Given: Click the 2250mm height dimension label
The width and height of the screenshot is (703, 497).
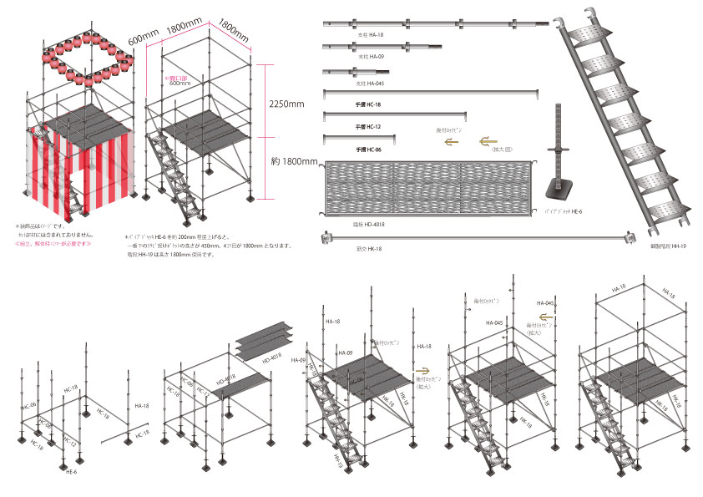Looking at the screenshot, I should coord(286,104).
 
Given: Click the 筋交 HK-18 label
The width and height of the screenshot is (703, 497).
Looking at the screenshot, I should coord(369,250).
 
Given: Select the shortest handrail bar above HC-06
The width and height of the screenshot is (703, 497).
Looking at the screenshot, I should coord(359,137).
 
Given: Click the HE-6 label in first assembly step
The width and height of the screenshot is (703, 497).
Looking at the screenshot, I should coord(73,472).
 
